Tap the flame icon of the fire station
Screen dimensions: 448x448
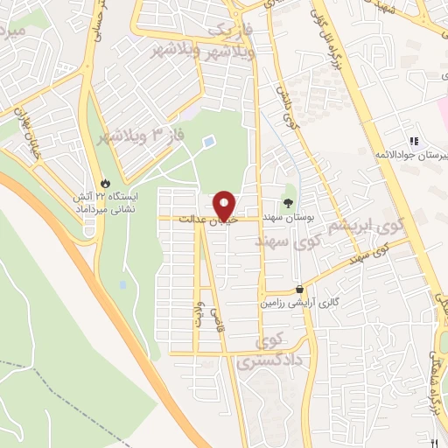coord(106,184)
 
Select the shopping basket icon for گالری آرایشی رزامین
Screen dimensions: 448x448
coord(300,289)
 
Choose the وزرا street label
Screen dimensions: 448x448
coord(197,312)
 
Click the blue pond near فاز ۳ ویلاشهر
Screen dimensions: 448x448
coord(207,141)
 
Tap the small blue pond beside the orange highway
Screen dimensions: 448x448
coord(123,284)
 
